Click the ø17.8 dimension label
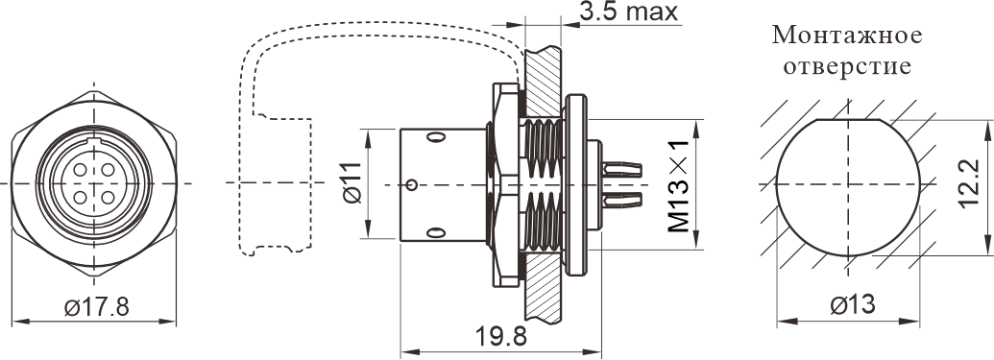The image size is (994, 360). tap(96, 307)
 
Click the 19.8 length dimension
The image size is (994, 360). tap(500, 337)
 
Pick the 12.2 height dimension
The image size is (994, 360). tap(968, 185)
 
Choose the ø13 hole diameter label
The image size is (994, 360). tap(853, 305)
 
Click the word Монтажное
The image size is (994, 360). tap(847, 36)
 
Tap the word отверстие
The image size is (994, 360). tap(847, 66)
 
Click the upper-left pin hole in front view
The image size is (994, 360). tap(81, 170)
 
